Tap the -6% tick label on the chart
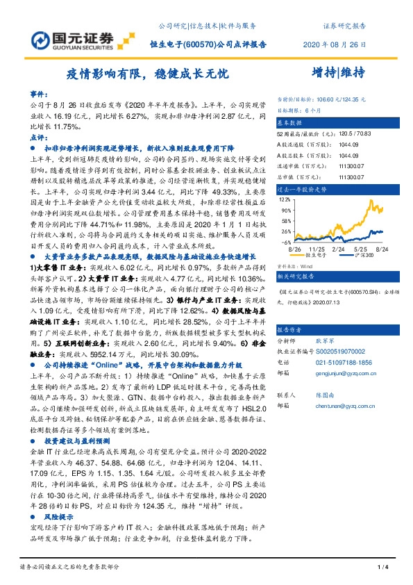coord(285,242)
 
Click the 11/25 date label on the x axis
coord(318,247)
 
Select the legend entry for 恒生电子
coord(317,254)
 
